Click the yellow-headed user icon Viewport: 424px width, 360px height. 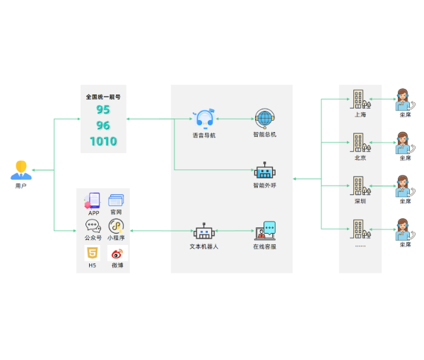[x=21, y=170]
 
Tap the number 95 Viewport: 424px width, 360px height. [x=103, y=109]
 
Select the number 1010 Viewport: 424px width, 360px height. [x=103, y=141]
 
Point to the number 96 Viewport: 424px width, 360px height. [x=103, y=126]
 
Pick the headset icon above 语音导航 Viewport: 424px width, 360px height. [x=204, y=119]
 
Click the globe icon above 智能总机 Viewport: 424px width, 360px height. [x=264, y=119]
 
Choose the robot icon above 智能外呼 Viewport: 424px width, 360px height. [x=264, y=172]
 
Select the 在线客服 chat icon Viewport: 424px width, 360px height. [x=265, y=231]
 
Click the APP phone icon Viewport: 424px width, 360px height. [x=93, y=201]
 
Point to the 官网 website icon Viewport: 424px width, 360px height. [x=116, y=200]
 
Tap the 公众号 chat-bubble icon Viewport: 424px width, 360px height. [x=93, y=226]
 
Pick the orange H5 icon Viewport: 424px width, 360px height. [x=92, y=253]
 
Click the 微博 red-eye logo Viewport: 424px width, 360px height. [x=116, y=253]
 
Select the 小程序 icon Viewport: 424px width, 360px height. [x=116, y=226]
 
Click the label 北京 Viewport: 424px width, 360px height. [x=360, y=157]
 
